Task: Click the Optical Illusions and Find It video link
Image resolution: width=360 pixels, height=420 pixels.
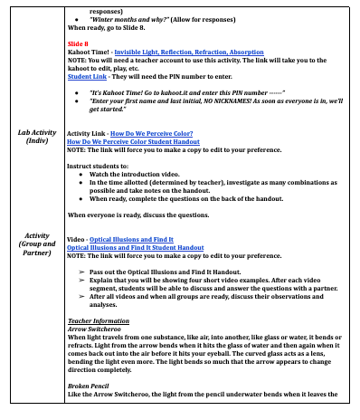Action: point(147,238)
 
